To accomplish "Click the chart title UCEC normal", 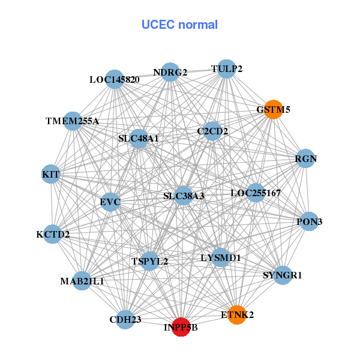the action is [x=179, y=25].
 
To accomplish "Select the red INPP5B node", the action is [x=181, y=327].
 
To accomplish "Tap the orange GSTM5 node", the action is [x=274, y=109].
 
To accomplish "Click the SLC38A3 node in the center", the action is [x=184, y=196].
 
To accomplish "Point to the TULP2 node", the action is [x=226, y=68].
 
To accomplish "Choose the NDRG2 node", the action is [x=170, y=72].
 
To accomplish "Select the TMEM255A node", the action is [x=73, y=121].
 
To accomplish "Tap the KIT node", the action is [x=51, y=174].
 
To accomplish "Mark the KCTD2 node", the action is [x=53, y=234].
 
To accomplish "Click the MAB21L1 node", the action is [x=82, y=280].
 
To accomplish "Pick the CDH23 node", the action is [x=125, y=319].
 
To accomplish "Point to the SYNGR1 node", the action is [x=283, y=275].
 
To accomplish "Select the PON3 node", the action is [x=309, y=221].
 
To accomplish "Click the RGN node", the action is [x=306, y=159].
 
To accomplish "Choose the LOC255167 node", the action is [x=256, y=193].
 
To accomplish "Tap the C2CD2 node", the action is [x=212, y=131].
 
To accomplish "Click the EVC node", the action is [x=110, y=202].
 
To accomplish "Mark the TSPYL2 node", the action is [x=149, y=261].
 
